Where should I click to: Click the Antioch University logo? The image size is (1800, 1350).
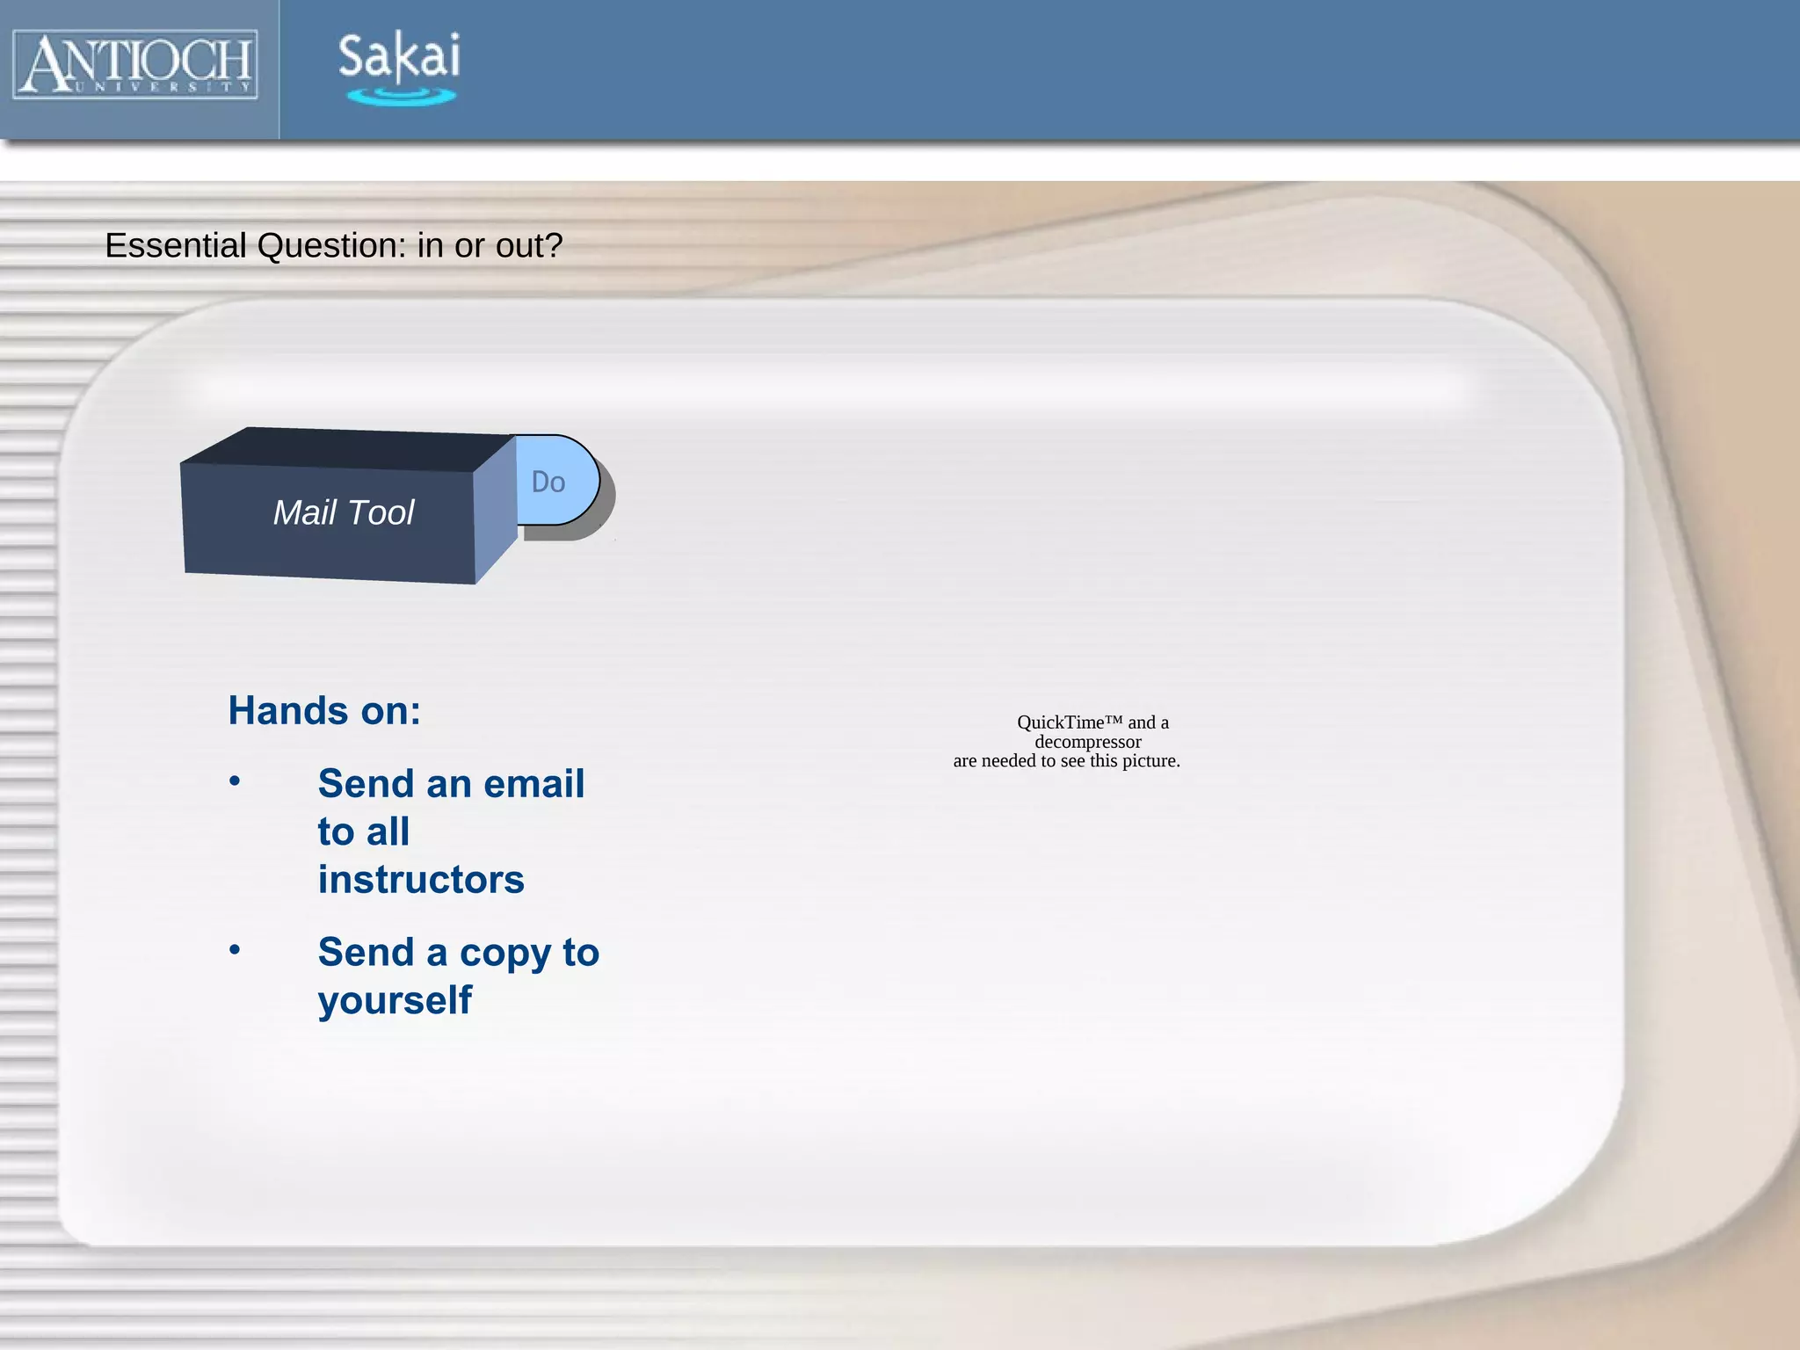pos(135,63)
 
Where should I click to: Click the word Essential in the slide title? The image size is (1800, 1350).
pos(176,246)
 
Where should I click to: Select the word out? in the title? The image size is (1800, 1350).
pos(529,246)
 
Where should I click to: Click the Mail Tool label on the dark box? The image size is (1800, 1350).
pos(343,512)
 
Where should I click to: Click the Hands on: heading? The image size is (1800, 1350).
pos(324,710)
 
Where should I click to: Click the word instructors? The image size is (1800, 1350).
pos(421,879)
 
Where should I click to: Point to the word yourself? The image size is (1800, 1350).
pos(395,1000)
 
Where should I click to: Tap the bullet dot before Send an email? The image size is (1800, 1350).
pos(235,780)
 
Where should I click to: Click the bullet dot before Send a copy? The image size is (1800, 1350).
pos(235,949)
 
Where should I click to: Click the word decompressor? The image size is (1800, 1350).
pos(1088,742)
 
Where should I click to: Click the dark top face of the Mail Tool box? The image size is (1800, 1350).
pos(352,448)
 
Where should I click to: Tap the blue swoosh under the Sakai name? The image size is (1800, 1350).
pos(401,97)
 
